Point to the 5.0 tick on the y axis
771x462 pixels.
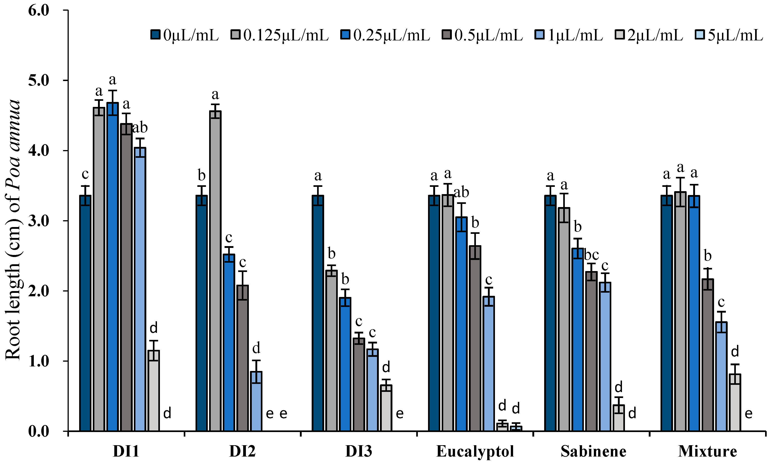pos(39,80)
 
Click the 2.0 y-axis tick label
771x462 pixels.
pos(39,291)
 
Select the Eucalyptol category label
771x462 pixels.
pos(475,451)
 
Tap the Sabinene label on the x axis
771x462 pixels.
pos(593,451)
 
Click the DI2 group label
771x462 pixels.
pos(242,451)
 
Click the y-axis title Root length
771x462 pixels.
pos(13,230)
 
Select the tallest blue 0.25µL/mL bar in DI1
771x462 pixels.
pos(112,268)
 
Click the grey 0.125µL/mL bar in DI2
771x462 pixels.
pos(215,271)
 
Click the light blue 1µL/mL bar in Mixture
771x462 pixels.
pos(721,377)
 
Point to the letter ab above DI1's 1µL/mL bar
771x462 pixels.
pos(140,128)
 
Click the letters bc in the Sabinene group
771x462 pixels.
pos(591,255)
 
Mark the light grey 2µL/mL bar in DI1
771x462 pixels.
pos(154,391)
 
